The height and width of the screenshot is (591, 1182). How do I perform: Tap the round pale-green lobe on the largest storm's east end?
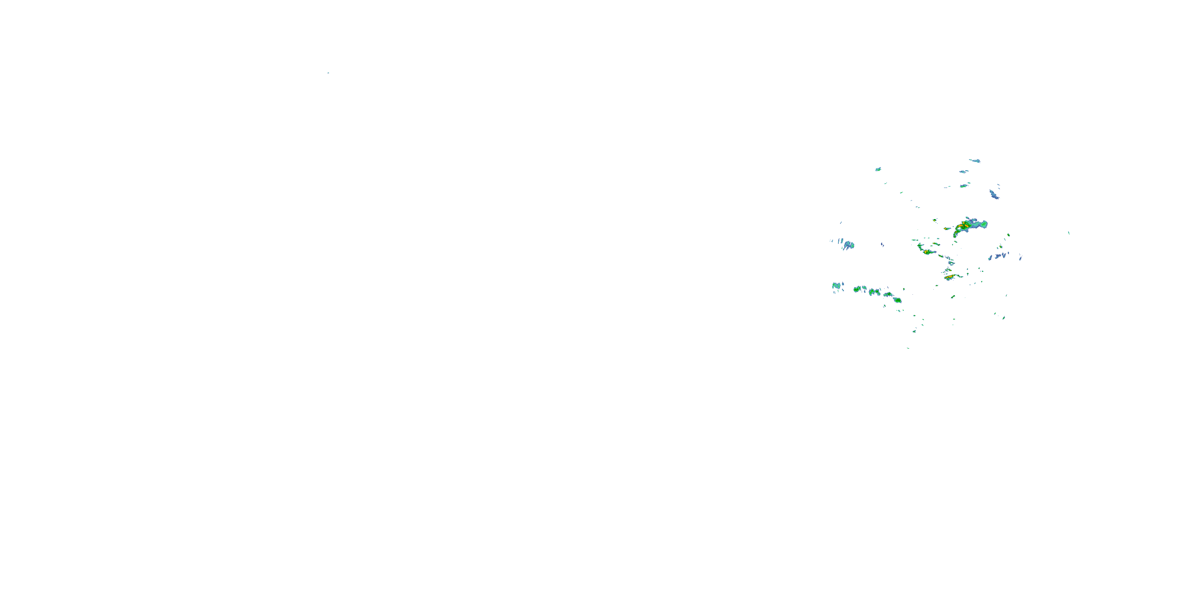pyautogui.click(x=984, y=224)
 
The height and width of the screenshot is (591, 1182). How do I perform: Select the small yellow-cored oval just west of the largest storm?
pyautogui.click(x=947, y=229)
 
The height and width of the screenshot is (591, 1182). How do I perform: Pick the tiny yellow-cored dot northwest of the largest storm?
pyautogui.click(x=934, y=220)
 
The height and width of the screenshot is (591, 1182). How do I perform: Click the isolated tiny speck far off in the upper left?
pyautogui.click(x=328, y=73)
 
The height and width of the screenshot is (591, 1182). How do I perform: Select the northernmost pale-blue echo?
pyautogui.click(x=975, y=161)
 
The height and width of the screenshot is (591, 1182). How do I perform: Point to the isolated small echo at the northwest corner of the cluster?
pyautogui.click(x=878, y=169)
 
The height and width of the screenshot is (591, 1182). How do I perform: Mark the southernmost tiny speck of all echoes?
pyautogui.click(x=908, y=348)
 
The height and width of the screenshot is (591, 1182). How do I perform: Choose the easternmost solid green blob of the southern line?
pyautogui.click(x=898, y=300)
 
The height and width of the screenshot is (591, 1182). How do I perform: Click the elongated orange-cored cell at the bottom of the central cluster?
pyautogui.click(x=951, y=277)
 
